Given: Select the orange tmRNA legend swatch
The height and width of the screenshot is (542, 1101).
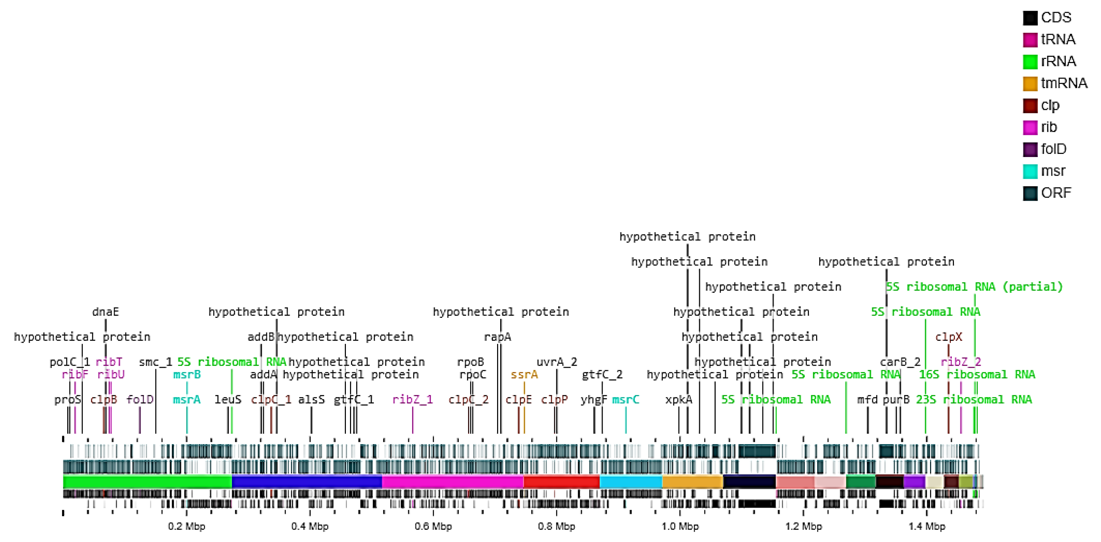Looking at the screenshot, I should click(x=1030, y=83).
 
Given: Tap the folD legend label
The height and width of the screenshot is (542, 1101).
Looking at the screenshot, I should click(x=1053, y=149).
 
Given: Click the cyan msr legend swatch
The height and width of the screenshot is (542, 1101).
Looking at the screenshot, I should click(x=1030, y=171).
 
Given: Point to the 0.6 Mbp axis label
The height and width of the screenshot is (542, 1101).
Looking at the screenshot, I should click(x=433, y=526).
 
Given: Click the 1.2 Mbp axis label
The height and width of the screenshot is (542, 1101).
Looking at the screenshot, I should click(x=803, y=526).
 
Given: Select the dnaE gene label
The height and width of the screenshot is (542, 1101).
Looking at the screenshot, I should click(x=105, y=312).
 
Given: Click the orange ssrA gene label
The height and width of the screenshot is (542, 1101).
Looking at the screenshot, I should click(x=524, y=375).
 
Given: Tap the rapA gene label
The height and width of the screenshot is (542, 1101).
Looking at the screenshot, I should click(x=497, y=337).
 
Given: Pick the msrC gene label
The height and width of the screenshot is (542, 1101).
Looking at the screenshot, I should click(x=625, y=399).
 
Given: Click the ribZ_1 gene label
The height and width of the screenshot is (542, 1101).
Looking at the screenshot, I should click(x=412, y=399).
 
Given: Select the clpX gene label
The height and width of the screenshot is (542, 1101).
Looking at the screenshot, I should click(x=948, y=337).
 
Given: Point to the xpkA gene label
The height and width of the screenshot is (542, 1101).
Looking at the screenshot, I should click(x=678, y=399).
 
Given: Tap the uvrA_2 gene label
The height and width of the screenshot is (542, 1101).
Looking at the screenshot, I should click(x=556, y=362).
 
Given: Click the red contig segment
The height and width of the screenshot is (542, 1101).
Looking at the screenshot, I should click(x=561, y=482).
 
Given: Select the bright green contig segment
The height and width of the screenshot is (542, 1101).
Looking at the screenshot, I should click(x=147, y=482).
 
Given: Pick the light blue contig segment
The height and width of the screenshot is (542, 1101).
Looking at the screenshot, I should click(x=630, y=482).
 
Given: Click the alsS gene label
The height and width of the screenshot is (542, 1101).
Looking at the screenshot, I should click(x=311, y=399).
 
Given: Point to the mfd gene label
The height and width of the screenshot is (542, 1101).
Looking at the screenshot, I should click(x=867, y=399).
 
